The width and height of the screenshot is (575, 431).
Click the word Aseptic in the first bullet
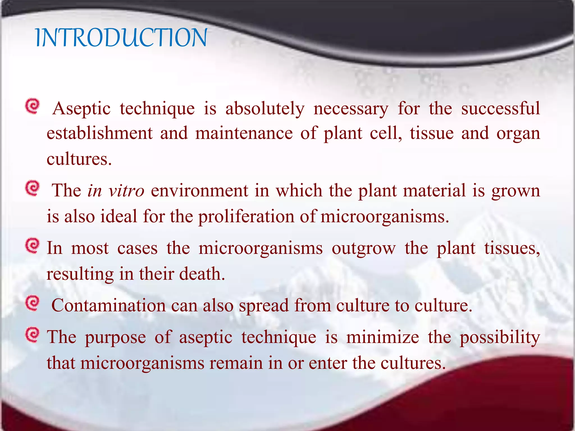tap(81, 109)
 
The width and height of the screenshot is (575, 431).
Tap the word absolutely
tap(265, 109)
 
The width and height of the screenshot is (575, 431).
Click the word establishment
tap(100, 133)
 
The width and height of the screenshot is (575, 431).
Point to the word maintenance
tap(244, 133)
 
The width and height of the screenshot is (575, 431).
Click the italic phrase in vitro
tap(116, 191)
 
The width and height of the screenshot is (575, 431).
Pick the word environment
tap(199, 191)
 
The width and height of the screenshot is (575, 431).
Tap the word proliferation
tap(246, 217)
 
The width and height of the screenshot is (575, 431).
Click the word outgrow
tap(364, 249)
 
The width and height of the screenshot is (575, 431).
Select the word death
tap(202, 274)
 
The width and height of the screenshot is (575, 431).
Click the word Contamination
tap(109, 305)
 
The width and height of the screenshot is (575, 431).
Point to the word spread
tap(264, 306)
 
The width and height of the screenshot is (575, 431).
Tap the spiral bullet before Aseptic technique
tap(33, 106)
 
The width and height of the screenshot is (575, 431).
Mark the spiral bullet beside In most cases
tap(33, 246)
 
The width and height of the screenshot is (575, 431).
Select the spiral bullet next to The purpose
tap(33, 335)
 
